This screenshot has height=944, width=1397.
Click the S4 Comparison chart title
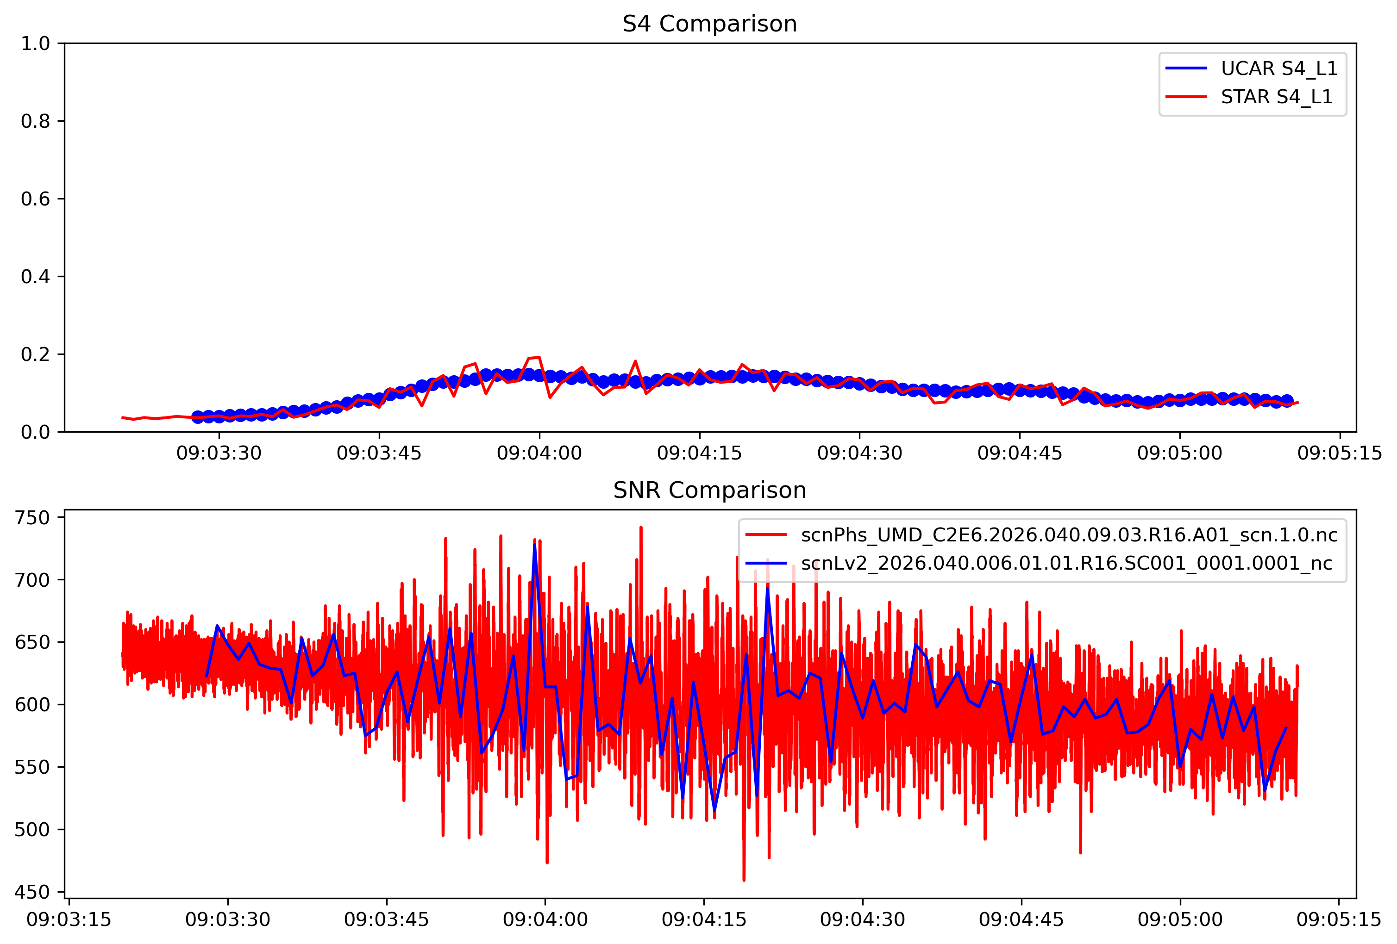(x=709, y=24)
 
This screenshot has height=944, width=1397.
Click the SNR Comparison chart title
(x=709, y=491)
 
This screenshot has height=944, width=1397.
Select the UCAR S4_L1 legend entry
(x=1278, y=68)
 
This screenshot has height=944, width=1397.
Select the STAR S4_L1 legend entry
(x=1276, y=97)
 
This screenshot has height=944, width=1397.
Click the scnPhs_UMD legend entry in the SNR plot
(x=1069, y=535)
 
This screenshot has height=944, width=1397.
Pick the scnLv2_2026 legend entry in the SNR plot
(x=1066, y=563)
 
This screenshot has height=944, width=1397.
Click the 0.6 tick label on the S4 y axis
(x=36, y=199)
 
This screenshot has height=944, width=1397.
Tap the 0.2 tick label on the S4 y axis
(x=36, y=354)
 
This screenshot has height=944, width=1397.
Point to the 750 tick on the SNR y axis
(x=32, y=517)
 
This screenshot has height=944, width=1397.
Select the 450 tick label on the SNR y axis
(x=32, y=892)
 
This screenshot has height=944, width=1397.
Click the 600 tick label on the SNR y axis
(x=32, y=705)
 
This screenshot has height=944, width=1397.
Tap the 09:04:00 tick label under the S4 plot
(x=539, y=453)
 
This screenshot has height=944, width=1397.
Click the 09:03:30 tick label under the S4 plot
(x=219, y=453)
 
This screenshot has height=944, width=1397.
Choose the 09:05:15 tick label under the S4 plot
(x=1340, y=453)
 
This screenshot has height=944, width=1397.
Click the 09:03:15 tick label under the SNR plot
(x=69, y=920)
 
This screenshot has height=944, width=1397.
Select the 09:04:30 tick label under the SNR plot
(x=863, y=920)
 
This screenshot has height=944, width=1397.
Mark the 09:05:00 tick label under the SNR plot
(x=1180, y=920)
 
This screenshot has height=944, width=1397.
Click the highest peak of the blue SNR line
(x=534, y=544)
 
